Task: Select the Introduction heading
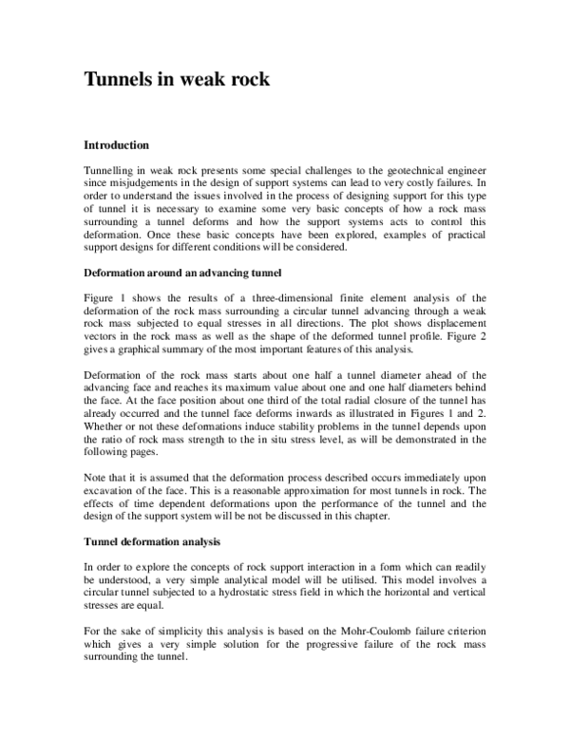(117, 146)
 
